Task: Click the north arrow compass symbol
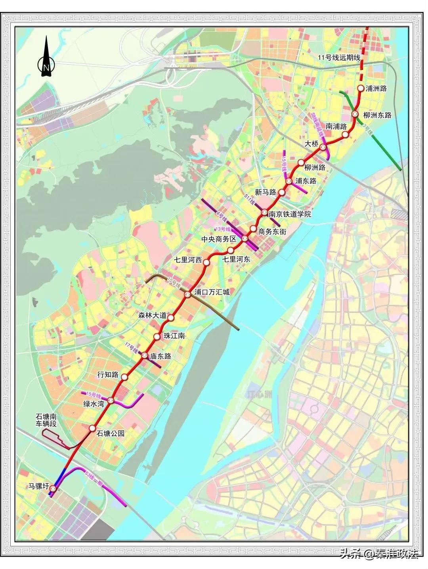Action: tap(46, 57)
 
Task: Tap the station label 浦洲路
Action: tap(376, 89)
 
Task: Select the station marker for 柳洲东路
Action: tap(355, 115)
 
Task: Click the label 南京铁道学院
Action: tap(290, 214)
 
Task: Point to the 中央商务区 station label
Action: tap(219, 239)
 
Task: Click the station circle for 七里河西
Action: tap(206, 261)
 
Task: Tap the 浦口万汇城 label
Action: tap(212, 292)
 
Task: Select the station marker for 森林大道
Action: tap(171, 317)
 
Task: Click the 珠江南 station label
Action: tap(174, 336)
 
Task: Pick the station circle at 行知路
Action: tap(124, 377)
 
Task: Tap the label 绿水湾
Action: tap(93, 404)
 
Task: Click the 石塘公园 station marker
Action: tap(92, 428)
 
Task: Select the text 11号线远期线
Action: tap(339, 58)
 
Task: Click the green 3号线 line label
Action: tap(368, 131)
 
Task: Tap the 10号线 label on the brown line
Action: tap(174, 284)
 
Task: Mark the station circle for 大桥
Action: tap(323, 147)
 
